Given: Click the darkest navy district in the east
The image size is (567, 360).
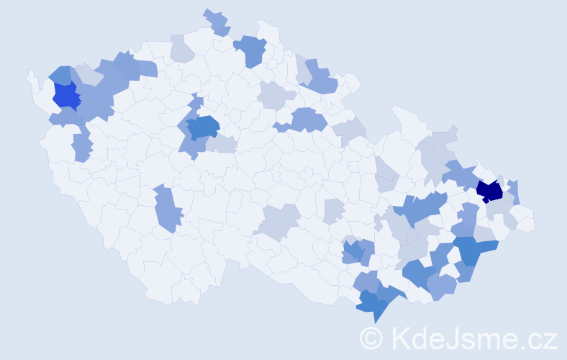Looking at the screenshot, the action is (x=490, y=191).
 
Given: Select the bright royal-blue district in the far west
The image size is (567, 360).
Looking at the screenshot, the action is (x=65, y=96).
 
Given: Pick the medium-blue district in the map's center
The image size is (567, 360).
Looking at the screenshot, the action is (x=203, y=127).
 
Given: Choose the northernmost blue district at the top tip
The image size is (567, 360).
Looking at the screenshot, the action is (x=217, y=22).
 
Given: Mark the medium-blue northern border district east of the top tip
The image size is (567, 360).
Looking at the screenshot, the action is (x=251, y=50).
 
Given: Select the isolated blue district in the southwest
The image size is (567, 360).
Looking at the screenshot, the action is (x=167, y=209).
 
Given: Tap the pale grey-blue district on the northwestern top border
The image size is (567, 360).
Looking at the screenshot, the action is (x=181, y=50).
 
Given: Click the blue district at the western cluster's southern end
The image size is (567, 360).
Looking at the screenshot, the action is (x=82, y=148).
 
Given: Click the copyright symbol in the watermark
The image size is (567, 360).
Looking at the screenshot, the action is (x=371, y=338).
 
